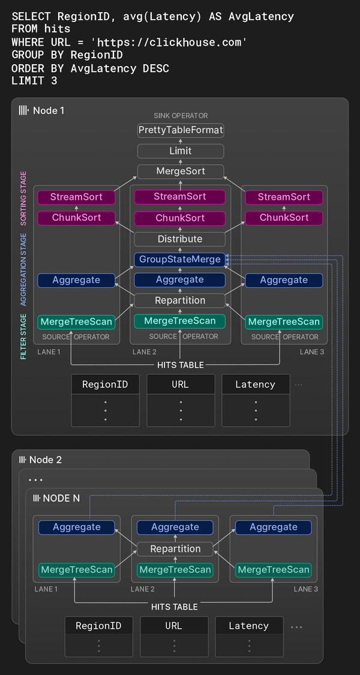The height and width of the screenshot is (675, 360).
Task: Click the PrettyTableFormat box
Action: pos(180,130)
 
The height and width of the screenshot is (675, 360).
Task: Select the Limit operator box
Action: pos(180,151)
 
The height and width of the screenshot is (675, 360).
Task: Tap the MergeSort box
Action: pos(180,172)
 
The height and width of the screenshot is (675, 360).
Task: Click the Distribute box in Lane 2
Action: pos(180,239)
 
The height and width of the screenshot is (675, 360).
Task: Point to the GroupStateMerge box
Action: pos(180,260)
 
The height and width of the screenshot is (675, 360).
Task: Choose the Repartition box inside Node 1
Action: pos(180,300)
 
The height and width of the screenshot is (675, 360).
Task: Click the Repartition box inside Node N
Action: pos(175,548)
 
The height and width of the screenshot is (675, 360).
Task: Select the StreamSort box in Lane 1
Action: pos(76,197)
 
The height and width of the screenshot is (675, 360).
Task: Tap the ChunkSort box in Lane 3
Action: pos(284,218)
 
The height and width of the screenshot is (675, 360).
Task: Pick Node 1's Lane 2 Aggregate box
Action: pos(180,280)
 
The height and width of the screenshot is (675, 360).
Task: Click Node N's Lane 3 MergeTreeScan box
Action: pos(274,569)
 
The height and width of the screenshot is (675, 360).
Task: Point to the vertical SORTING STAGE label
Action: pos(23,198)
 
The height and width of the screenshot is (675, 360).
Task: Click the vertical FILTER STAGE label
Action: pos(23,337)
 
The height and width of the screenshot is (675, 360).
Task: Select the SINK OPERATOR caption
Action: pos(180,116)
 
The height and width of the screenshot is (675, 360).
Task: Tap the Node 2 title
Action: pos(46,460)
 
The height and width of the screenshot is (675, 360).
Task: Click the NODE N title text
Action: pos(61,499)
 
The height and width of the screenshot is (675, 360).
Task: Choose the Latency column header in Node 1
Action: pos(256,385)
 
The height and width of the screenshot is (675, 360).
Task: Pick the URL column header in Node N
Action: pos(174,626)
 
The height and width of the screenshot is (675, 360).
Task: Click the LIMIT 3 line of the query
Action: pos(34,80)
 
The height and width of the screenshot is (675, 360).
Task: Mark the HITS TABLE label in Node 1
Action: pos(180,365)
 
